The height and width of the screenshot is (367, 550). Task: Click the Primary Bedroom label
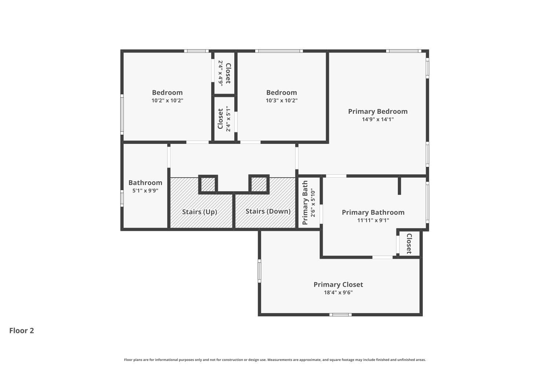378,111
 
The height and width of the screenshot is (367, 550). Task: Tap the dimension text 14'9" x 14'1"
378,119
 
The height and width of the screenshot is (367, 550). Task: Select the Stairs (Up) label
199,212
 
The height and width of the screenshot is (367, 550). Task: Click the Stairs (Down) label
268,211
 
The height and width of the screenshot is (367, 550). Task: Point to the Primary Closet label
338,284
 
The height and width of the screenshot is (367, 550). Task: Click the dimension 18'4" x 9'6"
338,292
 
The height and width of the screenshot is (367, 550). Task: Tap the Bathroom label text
145,182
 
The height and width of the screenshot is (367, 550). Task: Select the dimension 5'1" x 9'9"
145,190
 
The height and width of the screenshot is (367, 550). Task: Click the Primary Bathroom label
373,212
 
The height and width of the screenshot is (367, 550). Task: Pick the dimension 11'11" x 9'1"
373,220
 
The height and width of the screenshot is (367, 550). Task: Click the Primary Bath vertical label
305,203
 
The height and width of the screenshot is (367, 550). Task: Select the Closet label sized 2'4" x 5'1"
220,119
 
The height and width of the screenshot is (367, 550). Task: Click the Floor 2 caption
22,330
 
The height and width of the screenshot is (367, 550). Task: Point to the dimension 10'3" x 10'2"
282,100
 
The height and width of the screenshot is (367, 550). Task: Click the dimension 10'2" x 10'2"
167,100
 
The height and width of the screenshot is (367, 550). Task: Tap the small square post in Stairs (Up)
208,184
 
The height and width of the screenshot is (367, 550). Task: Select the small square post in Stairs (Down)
259,184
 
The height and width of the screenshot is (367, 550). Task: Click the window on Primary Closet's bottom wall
340,315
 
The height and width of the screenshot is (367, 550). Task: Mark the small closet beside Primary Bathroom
409,243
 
